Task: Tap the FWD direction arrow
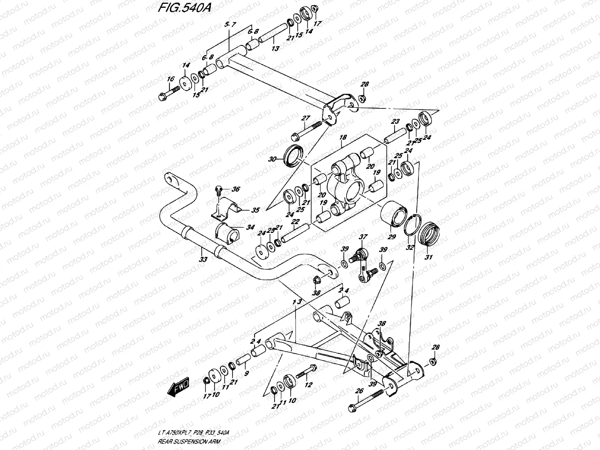(179, 388)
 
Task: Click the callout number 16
(171, 79)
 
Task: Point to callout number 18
(342, 138)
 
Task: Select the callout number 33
(203, 259)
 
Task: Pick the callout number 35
(255, 210)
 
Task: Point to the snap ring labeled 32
(412, 226)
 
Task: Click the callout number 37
(363, 237)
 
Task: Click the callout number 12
(309, 385)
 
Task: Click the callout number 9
(246, 373)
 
